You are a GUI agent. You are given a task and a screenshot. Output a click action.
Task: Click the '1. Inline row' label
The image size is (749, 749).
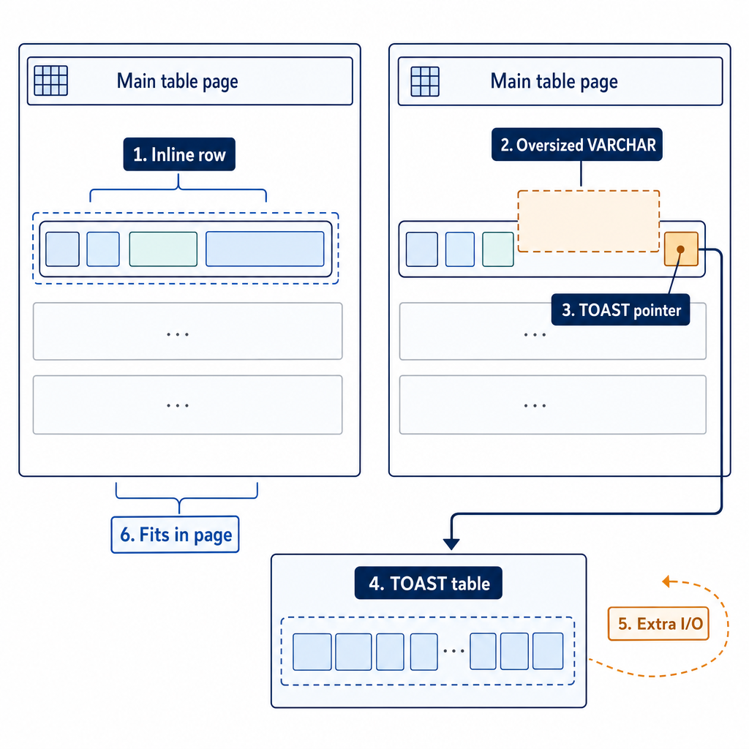tap(179, 154)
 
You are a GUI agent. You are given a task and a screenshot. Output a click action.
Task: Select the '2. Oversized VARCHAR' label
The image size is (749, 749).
tap(577, 144)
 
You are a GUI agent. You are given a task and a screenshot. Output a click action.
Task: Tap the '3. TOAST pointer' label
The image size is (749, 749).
tap(620, 309)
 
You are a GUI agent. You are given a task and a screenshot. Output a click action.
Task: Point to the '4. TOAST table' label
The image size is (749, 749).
tap(429, 583)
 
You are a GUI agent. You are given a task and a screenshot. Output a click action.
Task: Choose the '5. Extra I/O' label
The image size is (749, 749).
tap(659, 623)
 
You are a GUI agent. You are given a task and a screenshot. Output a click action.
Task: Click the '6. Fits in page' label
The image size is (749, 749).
tap(176, 535)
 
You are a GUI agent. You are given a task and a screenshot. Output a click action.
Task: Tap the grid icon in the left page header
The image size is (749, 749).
tap(50, 80)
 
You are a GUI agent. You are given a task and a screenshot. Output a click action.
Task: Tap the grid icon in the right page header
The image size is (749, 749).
tap(425, 81)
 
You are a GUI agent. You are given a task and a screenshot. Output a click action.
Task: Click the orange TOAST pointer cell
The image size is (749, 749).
tap(681, 249)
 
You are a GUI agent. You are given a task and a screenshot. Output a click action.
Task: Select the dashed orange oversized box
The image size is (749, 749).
tap(589, 221)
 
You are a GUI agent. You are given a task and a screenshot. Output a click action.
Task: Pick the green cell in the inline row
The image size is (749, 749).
tap(163, 249)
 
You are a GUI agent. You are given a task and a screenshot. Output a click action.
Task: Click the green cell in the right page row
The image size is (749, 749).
tap(497, 249)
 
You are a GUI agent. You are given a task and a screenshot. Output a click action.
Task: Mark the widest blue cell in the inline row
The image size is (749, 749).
tap(265, 249)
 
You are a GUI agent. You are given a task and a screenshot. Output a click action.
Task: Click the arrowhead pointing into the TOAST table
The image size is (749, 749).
tap(451, 543)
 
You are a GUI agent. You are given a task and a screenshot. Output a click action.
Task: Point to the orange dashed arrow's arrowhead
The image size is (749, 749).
tap(667, 581)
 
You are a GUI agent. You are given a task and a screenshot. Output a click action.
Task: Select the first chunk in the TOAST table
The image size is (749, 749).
tap(312, 652)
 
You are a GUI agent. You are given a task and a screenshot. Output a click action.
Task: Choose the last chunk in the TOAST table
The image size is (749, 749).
tap(548, 651)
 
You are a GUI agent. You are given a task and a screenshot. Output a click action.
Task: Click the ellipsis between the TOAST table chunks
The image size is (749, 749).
tap(453, 651)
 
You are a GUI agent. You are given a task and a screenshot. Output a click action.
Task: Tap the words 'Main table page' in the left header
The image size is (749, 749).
tap(177, 81)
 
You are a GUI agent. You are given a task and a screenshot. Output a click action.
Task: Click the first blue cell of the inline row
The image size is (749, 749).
tap(63, 249)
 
